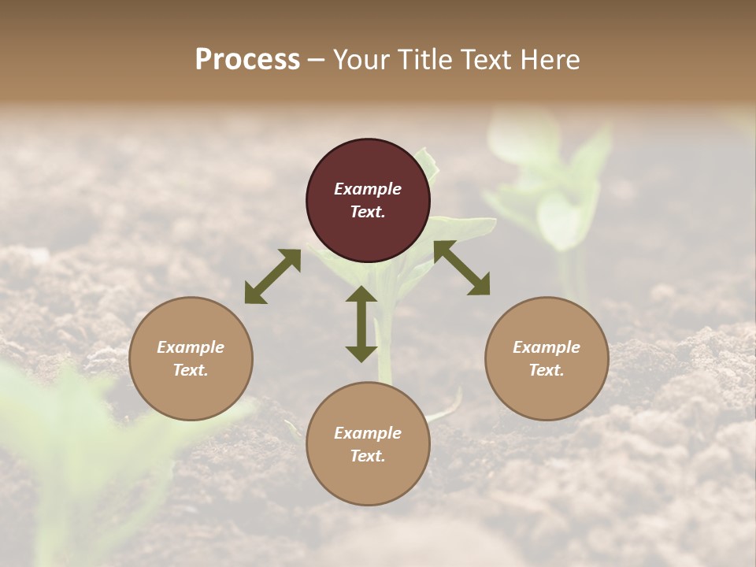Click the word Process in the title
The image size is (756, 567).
pyautogui.click(x=247, y=60)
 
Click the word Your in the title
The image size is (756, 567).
pyautogui.click(x=360, y=60)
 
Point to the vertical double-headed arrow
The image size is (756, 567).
pyautogui.click(x=361, y=324)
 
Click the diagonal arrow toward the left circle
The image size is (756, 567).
pyautogui.click(x=272, y=276)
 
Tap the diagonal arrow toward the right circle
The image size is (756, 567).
pyautogui.click(x=461, y=268)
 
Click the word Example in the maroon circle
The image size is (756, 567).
pyautogui.click(x=368, y=189)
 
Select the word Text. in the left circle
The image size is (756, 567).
pyautogui.click(x=191, y=370)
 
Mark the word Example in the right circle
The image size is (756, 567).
pyautogui.click(x=547, y=347)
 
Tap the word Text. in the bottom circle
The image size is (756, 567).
pyautogui.click(x=368, y=456)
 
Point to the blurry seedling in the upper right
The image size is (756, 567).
pyautogui.click(x=556, y=189)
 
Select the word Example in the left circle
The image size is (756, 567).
pyautogui.click(x=191, y=347)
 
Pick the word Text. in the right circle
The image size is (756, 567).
pyautogui.click(x=547, y=370)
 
